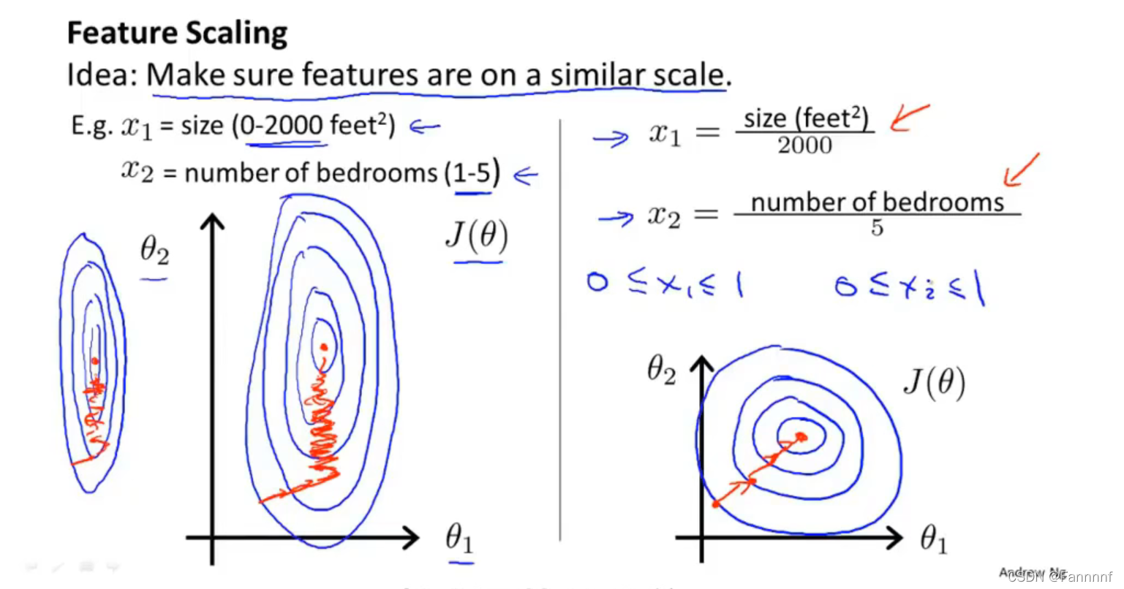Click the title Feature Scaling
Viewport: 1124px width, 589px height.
pyautogui.click(x=177, y=34)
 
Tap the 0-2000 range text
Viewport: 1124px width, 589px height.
pyautogui.click(x=282, y=126)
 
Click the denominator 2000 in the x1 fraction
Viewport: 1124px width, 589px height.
pyautogui.click(x=804, y=145)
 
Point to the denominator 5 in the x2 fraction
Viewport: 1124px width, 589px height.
pyautogui.click(x=877, y=228)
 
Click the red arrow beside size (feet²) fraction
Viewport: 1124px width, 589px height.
pyautogui.click(x=908, y=117)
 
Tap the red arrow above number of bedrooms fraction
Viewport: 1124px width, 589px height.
pyautogui.click(x=1021, y=170)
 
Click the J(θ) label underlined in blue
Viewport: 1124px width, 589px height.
pyautogui.click(x=476, y=237)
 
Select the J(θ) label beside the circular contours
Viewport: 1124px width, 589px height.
pyautogui.click(x=934, y=382)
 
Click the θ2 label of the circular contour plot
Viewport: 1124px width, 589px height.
pyautogui.click(x=661, y=370)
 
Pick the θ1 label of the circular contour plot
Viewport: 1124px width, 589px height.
pyautogui.click(x=934, y=540)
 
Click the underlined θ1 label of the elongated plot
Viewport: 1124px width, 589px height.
pyautogui.click(x=459, y=540)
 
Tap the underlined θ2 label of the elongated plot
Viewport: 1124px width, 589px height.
pyautogui.click(x=154, y=252)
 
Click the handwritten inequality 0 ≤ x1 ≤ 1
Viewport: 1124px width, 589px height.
pyautogui.click(x=664, y=284)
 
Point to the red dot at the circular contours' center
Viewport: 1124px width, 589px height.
pyautogui.click(x=801, y=437)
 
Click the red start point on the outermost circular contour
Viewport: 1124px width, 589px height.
pyautogui.click(x=716, y=504)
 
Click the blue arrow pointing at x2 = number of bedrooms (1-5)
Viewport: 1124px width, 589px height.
pyautogui.click(x=525, y=175)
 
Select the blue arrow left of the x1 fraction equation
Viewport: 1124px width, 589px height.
pyautogui.click(x=610, y=137)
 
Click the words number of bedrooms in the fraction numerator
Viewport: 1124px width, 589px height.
pyautogui.click(x=877, y=202)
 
